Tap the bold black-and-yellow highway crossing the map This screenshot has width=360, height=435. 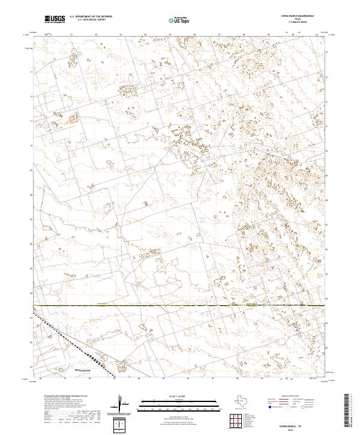pos(180,306)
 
